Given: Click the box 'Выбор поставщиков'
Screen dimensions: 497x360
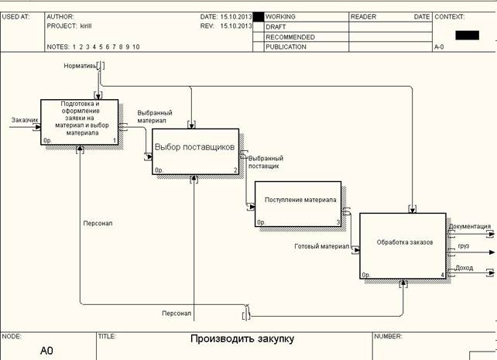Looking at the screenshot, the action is coord(195,152).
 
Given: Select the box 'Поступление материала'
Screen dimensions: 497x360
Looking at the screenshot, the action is coord(298,204).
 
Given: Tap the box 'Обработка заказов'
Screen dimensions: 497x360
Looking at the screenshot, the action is coord(403,246).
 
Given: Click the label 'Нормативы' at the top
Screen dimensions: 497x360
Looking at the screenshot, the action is coord(81,66).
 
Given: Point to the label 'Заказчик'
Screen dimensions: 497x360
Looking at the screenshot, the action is coord(25,120).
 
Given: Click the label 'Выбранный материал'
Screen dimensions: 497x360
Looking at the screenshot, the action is coord(155,117).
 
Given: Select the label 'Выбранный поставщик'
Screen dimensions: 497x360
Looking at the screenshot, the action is coord(266,162).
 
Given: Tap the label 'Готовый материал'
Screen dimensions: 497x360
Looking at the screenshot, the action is coord(322,246).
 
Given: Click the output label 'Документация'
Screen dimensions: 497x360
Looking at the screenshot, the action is coord(470,226).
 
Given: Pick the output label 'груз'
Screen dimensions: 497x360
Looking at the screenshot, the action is coord(464,246).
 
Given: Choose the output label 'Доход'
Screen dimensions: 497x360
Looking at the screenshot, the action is coord(464,268).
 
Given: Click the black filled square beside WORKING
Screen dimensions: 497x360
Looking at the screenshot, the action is coord(259,17).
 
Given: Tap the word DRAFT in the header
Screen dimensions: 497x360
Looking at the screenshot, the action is coord(276,27).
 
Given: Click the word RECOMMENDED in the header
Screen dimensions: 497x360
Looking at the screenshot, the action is coord(290,37).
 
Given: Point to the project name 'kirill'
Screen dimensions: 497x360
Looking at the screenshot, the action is coord(86,26).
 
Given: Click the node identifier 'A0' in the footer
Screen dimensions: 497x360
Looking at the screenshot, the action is coord(46,351).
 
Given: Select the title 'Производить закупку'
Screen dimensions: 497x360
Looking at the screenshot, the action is coord(242,339).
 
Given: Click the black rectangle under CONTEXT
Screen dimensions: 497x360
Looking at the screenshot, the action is coord(468,35).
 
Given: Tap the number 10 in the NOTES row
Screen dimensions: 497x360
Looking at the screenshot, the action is coord(136,47).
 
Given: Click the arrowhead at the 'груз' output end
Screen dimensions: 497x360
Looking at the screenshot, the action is coord(492,252).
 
